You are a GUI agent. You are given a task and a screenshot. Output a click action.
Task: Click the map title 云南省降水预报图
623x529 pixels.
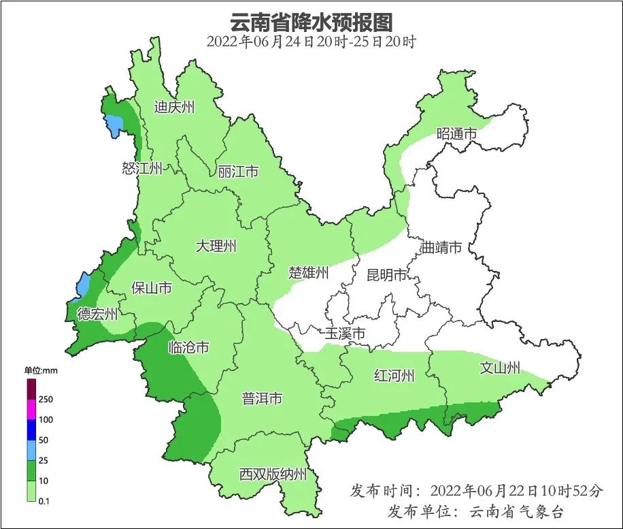[x=311, y=22]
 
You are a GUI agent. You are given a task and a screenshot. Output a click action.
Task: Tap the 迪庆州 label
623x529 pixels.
[x=174, y=107]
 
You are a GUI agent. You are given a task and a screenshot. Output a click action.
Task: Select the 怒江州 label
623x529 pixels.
[x=142, y=168]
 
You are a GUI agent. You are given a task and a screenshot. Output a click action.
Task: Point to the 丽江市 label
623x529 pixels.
[x=238, y=171]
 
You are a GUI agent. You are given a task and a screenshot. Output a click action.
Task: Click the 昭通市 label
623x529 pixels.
[x=456, y=134]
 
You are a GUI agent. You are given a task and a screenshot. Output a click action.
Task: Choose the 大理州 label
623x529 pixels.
[x=216, y=246]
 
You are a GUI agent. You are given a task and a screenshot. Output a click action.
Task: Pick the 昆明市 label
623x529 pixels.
[x=386, y=275]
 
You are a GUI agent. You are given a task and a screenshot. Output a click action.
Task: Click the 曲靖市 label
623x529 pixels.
[x=441, y=247]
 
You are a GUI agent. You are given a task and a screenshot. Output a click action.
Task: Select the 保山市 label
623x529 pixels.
[x=151, y=288]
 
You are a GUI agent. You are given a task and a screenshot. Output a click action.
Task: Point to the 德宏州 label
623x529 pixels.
[x=97, y=314]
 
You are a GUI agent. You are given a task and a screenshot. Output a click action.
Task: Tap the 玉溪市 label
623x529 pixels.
[x=345, y=334]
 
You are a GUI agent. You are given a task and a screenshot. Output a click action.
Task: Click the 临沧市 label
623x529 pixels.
[x=188, y=347]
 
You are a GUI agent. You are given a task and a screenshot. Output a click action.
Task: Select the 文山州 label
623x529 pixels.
[x=500, y=368]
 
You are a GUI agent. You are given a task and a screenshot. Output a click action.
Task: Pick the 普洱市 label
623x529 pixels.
[x=262, y=399]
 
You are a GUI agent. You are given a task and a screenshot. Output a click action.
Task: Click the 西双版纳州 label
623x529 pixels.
[x=273, y=475]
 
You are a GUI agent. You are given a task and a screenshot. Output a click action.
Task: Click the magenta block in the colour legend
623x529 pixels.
[x=31, y=409]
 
